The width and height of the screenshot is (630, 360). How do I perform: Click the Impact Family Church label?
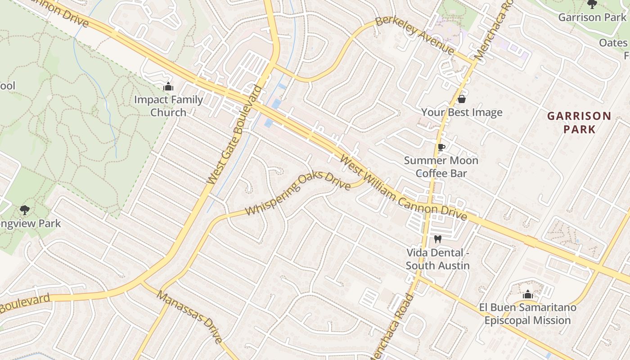[168, 106]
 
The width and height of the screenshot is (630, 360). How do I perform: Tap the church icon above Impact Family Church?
[168, 86]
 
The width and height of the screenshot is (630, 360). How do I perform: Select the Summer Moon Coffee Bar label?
[441, 167]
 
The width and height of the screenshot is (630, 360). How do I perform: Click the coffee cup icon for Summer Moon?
[441, 147]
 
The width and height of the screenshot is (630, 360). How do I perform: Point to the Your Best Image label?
[462, 112]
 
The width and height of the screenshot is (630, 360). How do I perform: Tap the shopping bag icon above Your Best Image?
[461, 99]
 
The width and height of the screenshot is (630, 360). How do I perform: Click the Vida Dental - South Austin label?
[438, 259]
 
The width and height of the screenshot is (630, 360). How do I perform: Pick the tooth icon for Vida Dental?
[437, 239]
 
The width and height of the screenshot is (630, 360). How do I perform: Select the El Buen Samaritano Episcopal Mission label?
[527, 314]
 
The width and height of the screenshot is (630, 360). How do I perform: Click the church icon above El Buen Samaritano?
[528, 295]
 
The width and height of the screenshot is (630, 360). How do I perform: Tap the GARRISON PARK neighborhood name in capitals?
[579, 122]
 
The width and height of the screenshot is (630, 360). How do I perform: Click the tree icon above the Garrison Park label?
[592, 4]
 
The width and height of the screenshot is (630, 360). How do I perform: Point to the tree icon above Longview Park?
[25, 210]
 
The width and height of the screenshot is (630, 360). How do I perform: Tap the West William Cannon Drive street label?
[403, 188]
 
